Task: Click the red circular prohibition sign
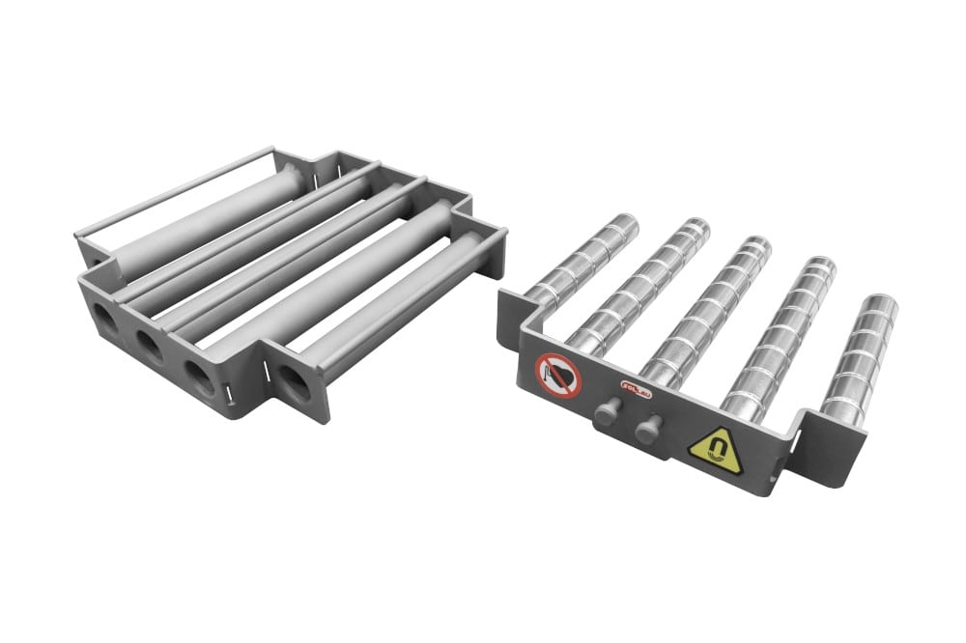(x=558, y=375)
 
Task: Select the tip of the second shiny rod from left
(x=689, y=231)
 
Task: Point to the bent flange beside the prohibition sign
(x=513, y=315)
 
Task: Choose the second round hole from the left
(x=150, y=345)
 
